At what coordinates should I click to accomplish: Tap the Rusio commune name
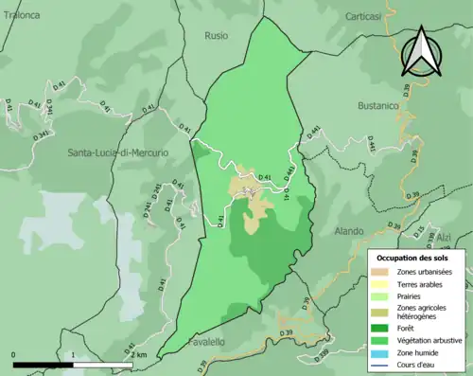pos(217,36)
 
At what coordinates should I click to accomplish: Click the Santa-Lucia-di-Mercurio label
pos(117,152)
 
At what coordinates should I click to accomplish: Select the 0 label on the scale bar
pos(13,354)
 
